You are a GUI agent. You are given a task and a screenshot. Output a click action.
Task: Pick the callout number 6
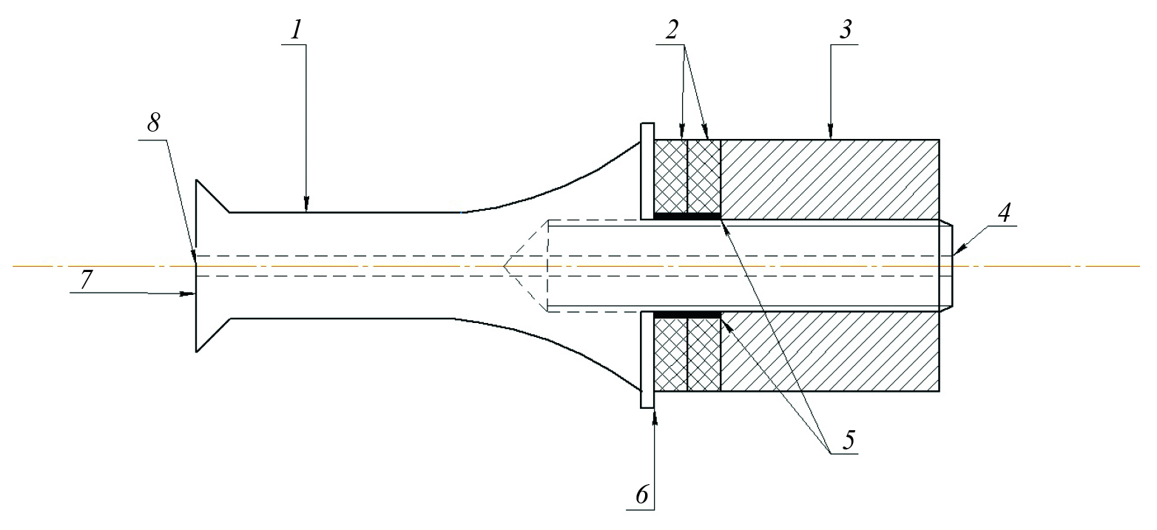coord(642,495)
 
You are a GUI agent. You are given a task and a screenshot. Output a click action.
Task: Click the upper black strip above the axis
coord(687,217)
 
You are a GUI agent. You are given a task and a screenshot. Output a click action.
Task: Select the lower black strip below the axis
coord(687,314)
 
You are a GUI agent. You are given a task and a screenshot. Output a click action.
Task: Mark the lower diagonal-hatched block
coord(829,352)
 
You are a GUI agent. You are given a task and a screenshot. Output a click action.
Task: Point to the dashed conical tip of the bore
coord(525,265)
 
